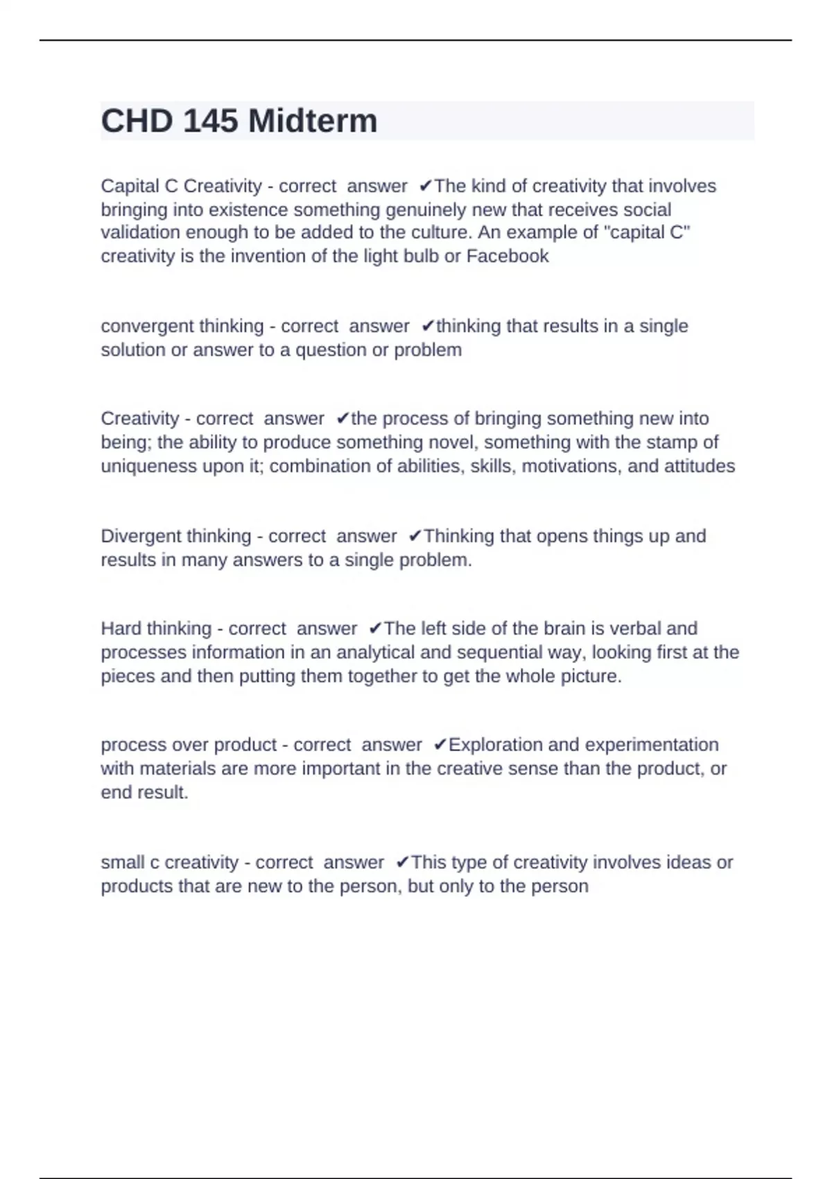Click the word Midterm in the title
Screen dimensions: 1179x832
point(313,121)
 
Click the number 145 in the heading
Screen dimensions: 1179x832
point(212,121)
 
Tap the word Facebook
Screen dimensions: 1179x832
point(508,257)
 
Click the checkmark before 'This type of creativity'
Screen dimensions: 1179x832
point(402,863)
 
